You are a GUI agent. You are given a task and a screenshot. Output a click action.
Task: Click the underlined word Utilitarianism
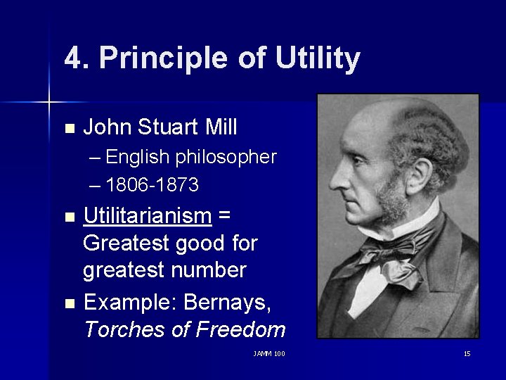148,215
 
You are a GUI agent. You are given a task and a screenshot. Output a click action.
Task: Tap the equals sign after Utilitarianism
224,216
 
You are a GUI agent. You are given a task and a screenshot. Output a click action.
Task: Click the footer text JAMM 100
269,353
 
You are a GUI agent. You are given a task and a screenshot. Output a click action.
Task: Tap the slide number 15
467,353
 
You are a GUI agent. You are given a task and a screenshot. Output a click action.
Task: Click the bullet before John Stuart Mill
68,129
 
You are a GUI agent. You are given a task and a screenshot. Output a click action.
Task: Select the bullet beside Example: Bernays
68,303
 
